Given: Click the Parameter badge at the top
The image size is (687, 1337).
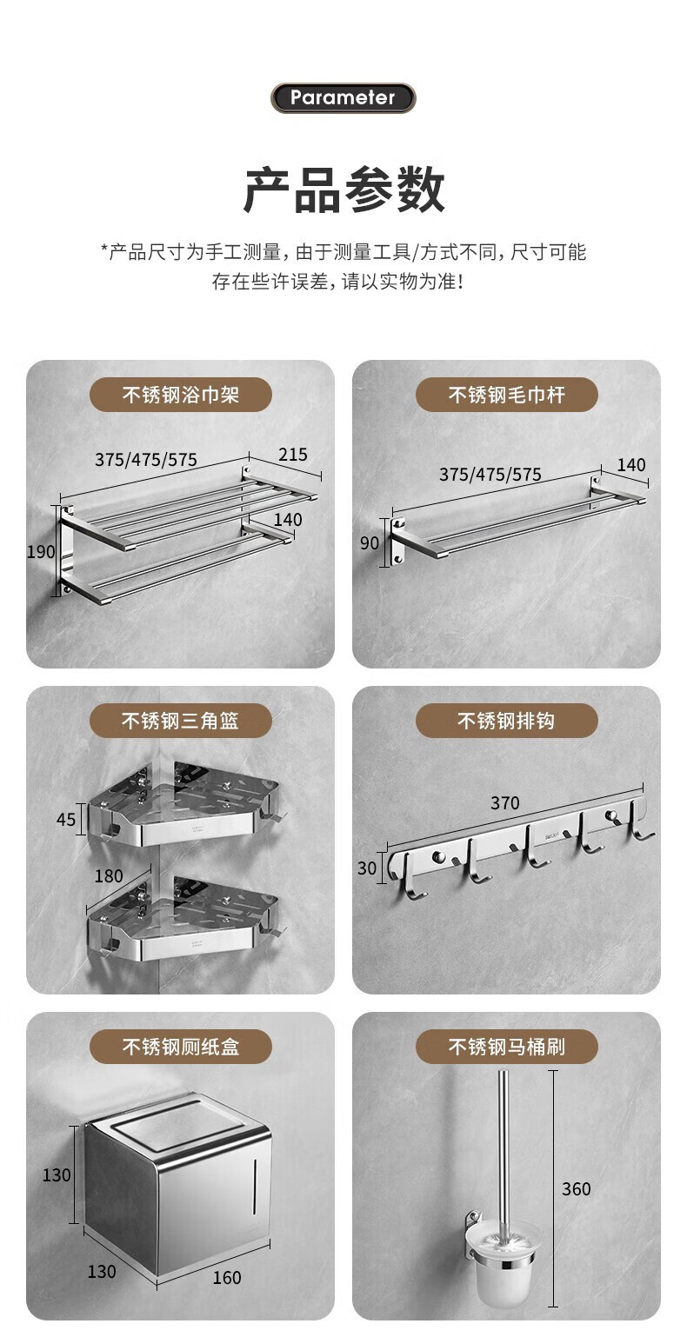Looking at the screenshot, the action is (343, 98).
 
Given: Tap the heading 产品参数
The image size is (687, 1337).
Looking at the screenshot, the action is (343, 190).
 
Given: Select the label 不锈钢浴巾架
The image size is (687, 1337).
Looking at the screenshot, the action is (180, 395).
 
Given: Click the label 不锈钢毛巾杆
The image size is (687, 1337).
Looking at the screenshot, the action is (507, 395).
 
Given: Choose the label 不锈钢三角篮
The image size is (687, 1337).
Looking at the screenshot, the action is (180, 721).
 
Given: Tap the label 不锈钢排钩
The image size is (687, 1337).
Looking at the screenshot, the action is (507, 721).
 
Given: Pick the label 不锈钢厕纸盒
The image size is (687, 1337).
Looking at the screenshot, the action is (180, 1047).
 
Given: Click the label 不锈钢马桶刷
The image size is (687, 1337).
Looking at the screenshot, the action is (507, 1047).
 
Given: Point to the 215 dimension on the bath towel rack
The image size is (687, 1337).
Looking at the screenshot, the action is (293, 455).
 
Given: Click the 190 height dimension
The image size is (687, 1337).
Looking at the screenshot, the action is (41, 551).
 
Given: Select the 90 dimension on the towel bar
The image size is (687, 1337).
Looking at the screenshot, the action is (370, 542).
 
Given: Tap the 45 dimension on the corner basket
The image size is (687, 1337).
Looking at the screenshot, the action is (65, 820).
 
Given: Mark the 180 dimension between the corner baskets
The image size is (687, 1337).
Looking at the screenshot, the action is (109, 876).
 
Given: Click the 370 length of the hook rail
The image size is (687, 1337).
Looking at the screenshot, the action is (505, 802).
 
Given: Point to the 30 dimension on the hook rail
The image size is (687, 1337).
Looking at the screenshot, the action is (367, 868).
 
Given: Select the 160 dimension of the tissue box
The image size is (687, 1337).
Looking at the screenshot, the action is (228, 1278).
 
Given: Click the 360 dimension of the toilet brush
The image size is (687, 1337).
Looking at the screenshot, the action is (576, 1189).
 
